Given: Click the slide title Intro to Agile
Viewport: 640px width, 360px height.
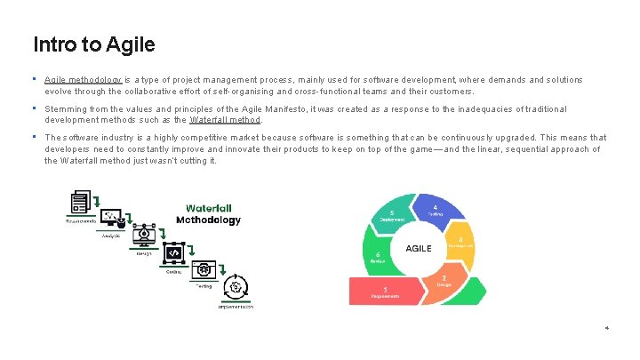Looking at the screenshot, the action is pos(93,44).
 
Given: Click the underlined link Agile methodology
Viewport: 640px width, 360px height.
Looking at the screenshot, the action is pos(83,80).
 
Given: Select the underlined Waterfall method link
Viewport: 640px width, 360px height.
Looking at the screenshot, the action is pos(224,119).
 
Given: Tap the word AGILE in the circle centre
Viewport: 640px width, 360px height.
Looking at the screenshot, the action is pos(419,249).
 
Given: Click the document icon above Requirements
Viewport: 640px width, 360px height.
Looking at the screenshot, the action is pos(81,201).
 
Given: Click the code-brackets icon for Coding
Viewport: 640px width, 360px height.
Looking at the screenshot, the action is pos(173,253).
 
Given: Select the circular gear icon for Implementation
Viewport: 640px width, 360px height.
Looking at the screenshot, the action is pos(236,288).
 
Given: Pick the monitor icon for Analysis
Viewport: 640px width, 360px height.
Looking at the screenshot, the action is pos(112,217).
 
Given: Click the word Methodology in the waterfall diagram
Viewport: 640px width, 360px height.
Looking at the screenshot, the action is pos(208,220).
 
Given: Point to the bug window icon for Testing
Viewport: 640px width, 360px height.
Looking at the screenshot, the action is pos(204,269).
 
